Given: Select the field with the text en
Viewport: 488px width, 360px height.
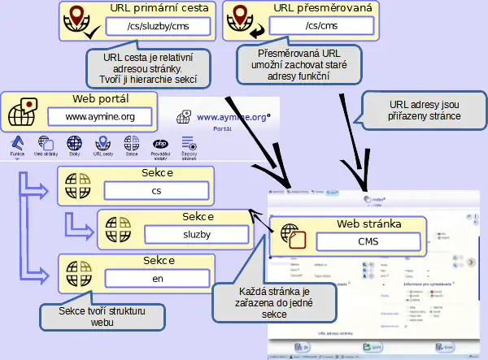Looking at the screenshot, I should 157,277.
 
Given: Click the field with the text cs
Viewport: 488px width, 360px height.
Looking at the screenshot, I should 157,191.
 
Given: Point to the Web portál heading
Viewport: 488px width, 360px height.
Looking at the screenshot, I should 100,99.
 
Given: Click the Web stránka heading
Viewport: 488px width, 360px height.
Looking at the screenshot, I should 369,223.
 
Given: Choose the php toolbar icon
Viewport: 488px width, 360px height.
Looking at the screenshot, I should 159,144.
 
